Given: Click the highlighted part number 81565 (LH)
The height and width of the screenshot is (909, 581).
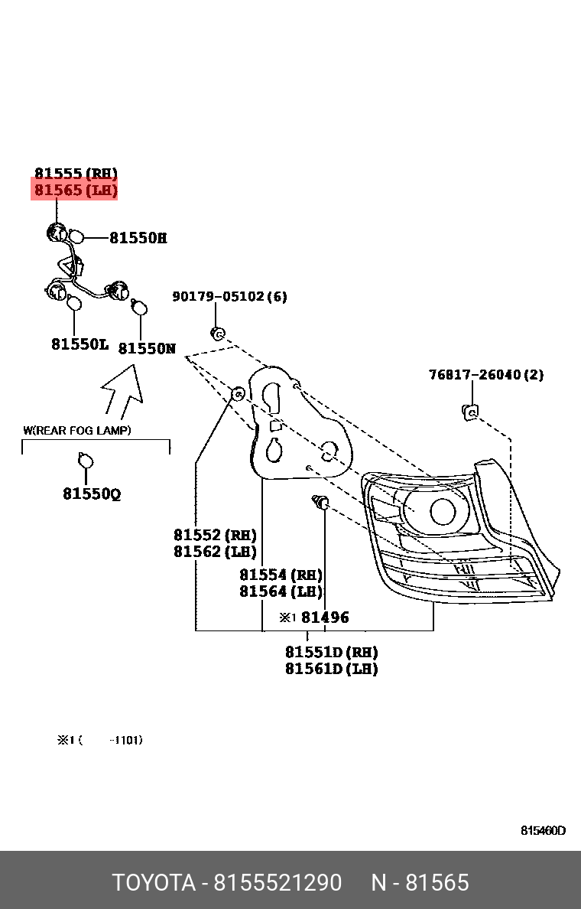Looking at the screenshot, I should tap(75, 190).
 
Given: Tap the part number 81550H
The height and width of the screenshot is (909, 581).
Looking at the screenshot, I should tap(138, 238).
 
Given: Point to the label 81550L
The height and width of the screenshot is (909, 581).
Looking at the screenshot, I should tap(80, 344).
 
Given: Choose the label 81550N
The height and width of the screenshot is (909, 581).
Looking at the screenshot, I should tap(147, 349).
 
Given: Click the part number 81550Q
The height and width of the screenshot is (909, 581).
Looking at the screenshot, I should tap(92, 494).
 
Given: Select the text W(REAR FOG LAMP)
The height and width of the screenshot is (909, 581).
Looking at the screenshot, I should tap(76, 431).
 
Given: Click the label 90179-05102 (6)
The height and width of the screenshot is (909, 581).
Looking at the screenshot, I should tap(229, 296).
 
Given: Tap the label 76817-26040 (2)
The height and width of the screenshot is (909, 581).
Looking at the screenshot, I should tap(485, 375).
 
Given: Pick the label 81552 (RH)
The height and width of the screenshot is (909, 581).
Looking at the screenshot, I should tap(214, 535).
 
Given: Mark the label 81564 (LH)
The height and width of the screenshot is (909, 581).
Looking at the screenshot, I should tap(281, 591).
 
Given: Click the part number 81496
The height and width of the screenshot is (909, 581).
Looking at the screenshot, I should tap(324, 617).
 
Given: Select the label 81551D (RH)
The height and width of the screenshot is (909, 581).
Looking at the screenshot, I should tap(331, 652).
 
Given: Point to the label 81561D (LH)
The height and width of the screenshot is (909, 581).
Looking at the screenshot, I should tap(331, 669).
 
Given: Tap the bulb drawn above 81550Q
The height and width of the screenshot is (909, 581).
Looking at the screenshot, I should tap(86, 461).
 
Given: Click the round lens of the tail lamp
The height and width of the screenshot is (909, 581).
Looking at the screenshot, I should tap(444, 511).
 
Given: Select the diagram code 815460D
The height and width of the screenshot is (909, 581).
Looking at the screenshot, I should tap(543, 831).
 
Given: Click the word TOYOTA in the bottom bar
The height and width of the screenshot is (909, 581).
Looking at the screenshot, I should tap(154, 883).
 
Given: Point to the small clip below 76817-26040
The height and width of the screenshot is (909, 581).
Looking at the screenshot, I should tap(472, 412).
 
